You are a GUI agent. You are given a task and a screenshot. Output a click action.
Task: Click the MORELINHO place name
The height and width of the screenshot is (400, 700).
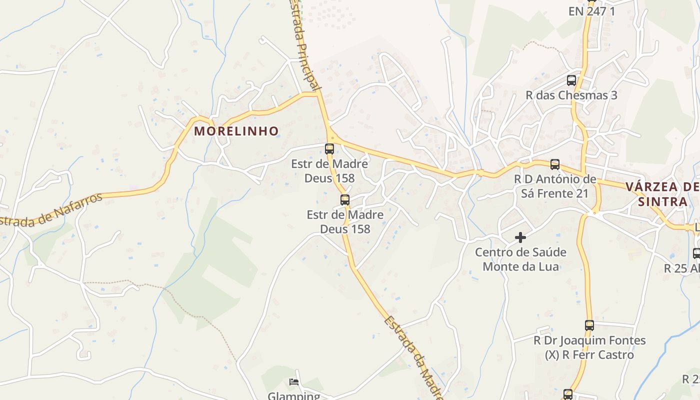click(x=236, y=131)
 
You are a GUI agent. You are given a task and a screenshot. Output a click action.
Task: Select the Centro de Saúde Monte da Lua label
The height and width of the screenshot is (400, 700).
click(x=520, y=259)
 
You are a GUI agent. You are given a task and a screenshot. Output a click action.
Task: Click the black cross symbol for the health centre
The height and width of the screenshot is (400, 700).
click(x=520, y=237)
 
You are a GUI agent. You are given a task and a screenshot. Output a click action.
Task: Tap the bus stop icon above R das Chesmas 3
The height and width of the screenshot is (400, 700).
click(x=571, y=80)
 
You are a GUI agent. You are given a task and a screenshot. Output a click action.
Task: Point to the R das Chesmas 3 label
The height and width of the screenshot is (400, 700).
click(x=571, y=95)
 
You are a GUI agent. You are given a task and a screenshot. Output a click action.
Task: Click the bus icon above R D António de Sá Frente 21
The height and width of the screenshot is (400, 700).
click(x=555, y=164)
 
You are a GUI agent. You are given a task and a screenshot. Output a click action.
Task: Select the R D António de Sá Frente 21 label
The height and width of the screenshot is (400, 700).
click(x=555, y=186)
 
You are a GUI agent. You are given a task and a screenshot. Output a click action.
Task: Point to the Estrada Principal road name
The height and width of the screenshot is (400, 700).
click(x=304, y=47)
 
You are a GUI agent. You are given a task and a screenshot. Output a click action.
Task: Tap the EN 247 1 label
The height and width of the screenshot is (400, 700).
click(x=592, y=11)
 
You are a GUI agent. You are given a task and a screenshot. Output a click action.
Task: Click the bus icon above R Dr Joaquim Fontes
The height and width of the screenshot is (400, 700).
click(x=589, y=325)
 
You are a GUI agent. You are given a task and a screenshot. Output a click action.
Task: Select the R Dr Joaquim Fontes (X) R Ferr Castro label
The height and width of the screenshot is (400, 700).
click(x=589, y=347)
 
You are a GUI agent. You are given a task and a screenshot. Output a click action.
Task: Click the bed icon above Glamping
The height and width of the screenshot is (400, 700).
click(x=294, y=382)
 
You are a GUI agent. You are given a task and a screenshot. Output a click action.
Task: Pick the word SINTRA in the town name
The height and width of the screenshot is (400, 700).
click(x=662, y=202)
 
